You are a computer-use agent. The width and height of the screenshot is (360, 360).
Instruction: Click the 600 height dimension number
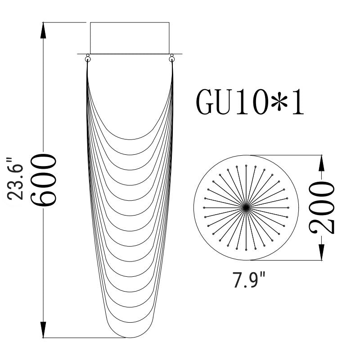click(x=43, y=180)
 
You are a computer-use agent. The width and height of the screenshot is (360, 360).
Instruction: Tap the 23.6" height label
click(x=15, y=179)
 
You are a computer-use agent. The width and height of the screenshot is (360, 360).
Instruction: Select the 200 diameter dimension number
click(x=321, y=207)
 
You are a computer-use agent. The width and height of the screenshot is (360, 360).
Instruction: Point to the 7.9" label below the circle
click(x=249, y=279)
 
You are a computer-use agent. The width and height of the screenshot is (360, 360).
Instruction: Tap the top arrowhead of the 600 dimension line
click(x=43, y=31)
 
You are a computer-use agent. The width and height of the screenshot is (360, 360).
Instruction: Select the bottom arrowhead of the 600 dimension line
click(x=43, y=330)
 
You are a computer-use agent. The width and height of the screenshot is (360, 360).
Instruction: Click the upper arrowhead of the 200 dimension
click(x=321, y=163)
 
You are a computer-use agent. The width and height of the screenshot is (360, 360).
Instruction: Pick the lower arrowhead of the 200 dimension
click(x=321, y=252)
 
